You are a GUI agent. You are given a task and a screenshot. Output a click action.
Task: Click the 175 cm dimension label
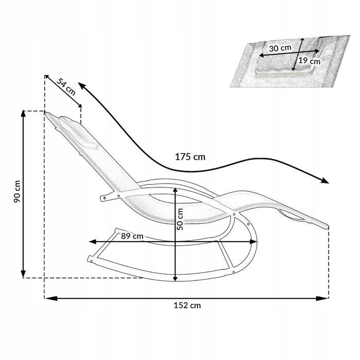[x=190, y=157]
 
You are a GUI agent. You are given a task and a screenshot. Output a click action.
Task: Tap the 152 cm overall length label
[x=187, y=305]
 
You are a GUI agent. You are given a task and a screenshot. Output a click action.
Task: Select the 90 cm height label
[x=17, y=191]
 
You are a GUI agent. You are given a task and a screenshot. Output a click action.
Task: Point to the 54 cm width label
[x=66, y=87]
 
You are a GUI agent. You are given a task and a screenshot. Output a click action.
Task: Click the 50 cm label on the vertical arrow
[x=180, y=219]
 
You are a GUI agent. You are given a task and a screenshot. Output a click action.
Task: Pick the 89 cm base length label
[x=132, y=236]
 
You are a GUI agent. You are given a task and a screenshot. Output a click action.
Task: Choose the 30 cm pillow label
[x=280, y=48]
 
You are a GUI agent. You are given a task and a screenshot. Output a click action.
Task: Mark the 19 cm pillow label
[x=309, y=61]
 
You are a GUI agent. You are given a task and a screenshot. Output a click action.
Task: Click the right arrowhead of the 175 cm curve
[x=325, y=181]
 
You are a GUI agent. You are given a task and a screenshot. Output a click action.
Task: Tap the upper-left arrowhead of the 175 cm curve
[x=82, y=85]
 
